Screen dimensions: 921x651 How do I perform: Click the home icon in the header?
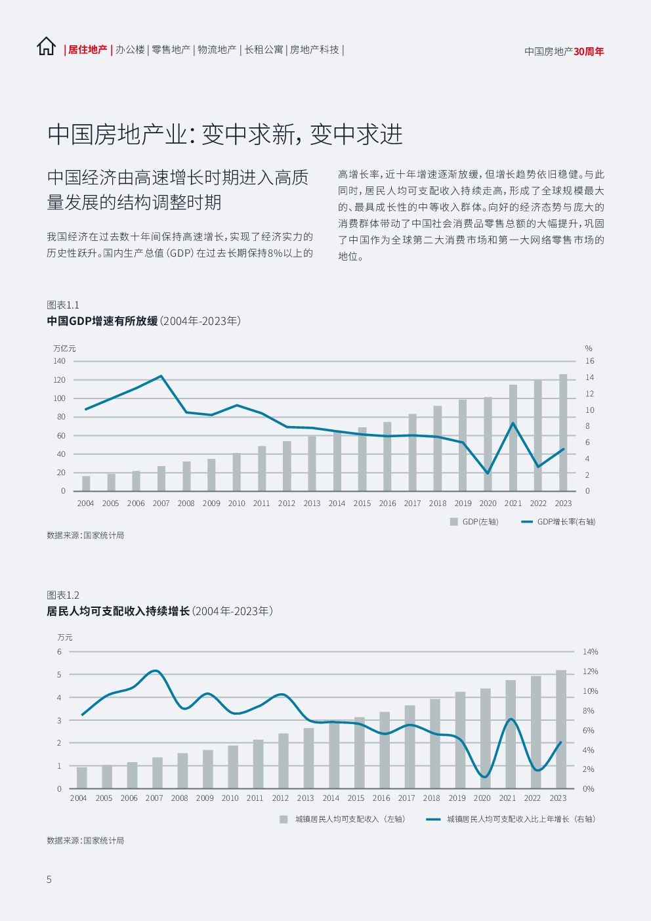46,47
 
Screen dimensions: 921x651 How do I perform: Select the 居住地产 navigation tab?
87,50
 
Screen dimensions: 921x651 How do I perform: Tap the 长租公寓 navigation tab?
264,50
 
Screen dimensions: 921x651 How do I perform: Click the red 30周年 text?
589,52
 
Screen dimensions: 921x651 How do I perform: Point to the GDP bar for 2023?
563,433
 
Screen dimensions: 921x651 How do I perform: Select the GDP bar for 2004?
86,483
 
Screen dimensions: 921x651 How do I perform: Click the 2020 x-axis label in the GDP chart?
488,503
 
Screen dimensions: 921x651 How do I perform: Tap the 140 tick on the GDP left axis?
59,361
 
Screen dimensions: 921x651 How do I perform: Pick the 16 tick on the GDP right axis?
589,361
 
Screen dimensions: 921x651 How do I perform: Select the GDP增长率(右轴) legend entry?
558,522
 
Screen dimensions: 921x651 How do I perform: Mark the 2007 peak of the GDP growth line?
161,376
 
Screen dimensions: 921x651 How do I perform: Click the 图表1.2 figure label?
63,595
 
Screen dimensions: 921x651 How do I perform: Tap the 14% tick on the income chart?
591,652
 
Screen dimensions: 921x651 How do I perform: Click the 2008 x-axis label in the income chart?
179,798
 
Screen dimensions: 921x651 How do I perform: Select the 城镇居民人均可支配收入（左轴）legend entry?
343,819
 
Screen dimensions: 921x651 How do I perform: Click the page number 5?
49,880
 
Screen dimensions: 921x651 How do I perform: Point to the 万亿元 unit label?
64,349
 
